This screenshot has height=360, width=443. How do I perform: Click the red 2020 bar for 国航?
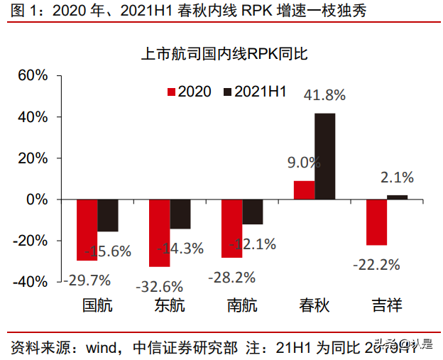tap(87, 230)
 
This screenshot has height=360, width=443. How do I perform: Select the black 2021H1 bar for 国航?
tap(108, 215)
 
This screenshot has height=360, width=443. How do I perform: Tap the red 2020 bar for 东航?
tap(160, 233)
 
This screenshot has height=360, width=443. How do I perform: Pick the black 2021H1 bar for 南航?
tap(253, 212)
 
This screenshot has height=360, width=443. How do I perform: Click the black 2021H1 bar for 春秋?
tap(325, 156)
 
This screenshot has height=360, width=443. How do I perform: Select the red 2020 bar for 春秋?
tap(304, 190)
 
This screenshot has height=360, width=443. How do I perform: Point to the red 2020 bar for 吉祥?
tap(376, 222)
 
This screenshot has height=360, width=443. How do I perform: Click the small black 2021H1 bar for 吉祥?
tap(398, 197)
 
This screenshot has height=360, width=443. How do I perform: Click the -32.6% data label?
tap(159, 287)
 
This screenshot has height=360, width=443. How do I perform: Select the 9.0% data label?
tap(304, 162)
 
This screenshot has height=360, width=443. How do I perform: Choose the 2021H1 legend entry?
tap(254, 92)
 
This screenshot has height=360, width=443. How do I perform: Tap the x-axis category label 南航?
tap(242, 306)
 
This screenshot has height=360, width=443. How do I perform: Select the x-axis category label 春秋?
tap(315, 306)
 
